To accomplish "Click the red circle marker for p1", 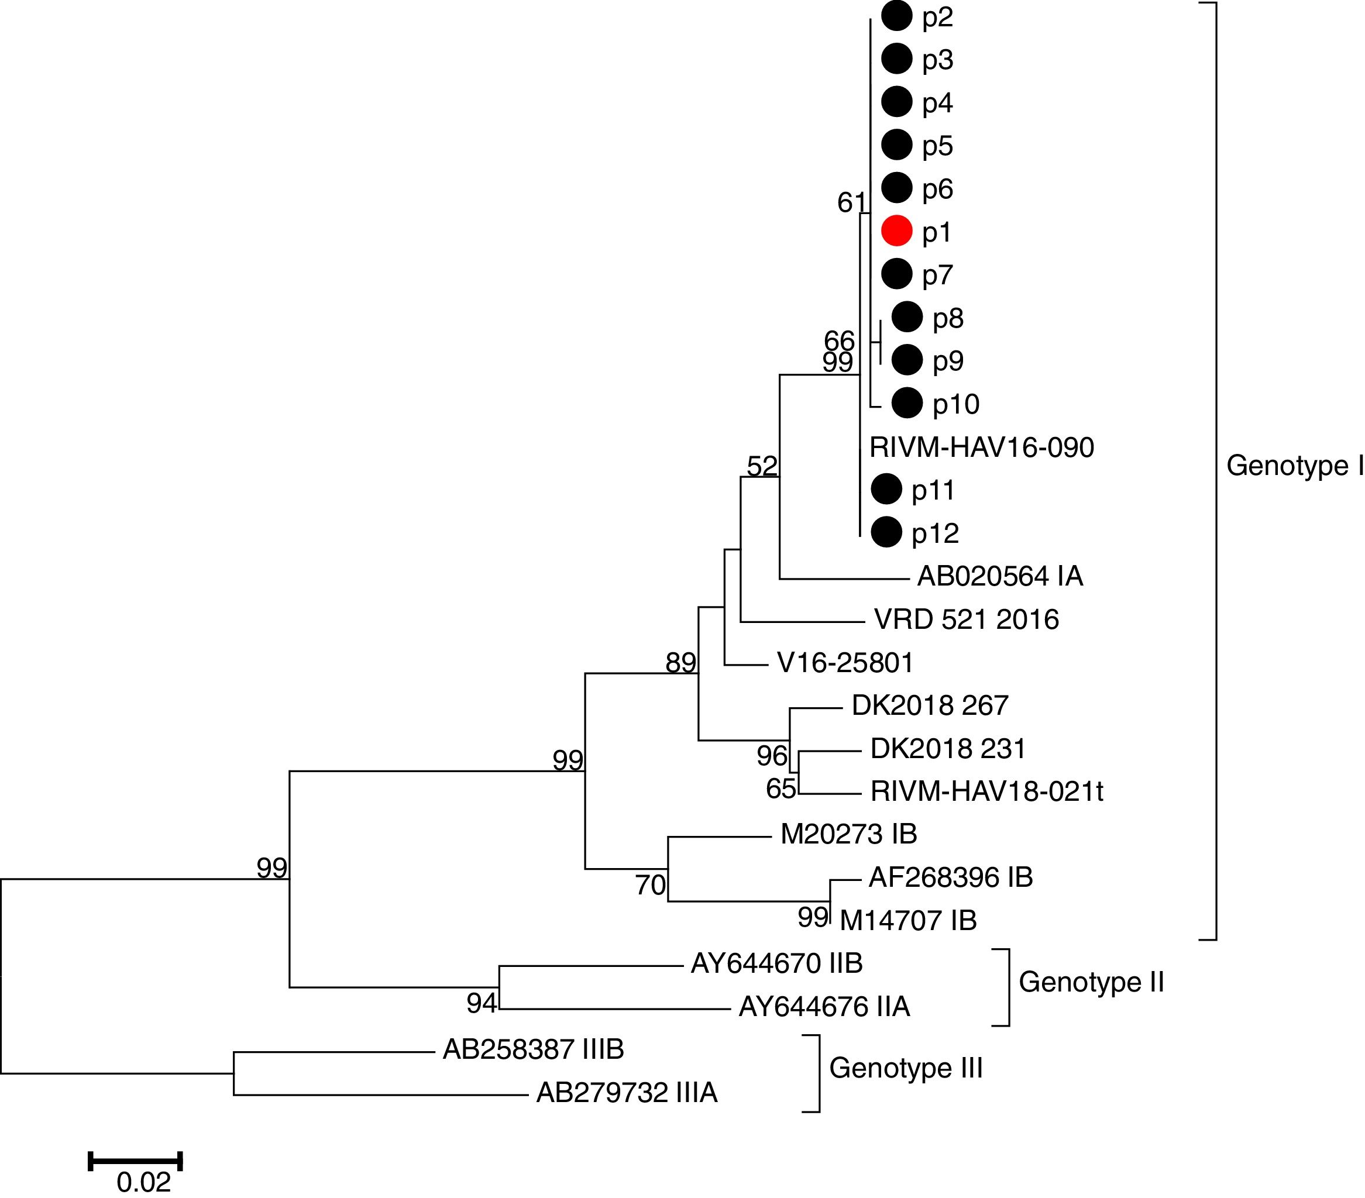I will [896, 231].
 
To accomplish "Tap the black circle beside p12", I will [886, 532].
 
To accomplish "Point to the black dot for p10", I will [907, 402].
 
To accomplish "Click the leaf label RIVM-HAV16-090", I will [982, 447].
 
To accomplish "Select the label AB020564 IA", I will [1000, 576].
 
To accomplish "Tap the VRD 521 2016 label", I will [967, 619].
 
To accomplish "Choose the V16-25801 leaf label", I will [845, 662].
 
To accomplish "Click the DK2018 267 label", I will [930, 705].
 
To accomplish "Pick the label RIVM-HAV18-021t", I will [986, 791].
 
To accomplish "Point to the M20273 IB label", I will [848, 834].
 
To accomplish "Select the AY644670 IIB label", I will [776, 963].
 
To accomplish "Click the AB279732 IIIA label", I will [627, 1093].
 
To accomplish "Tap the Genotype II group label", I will [1091, 982].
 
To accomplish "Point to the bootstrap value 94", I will [482, 1003].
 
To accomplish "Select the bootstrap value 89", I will [680, 662].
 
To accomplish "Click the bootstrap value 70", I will [650, 886].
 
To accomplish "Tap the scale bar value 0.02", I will [143, 1182].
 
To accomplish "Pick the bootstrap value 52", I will [762, 466].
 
